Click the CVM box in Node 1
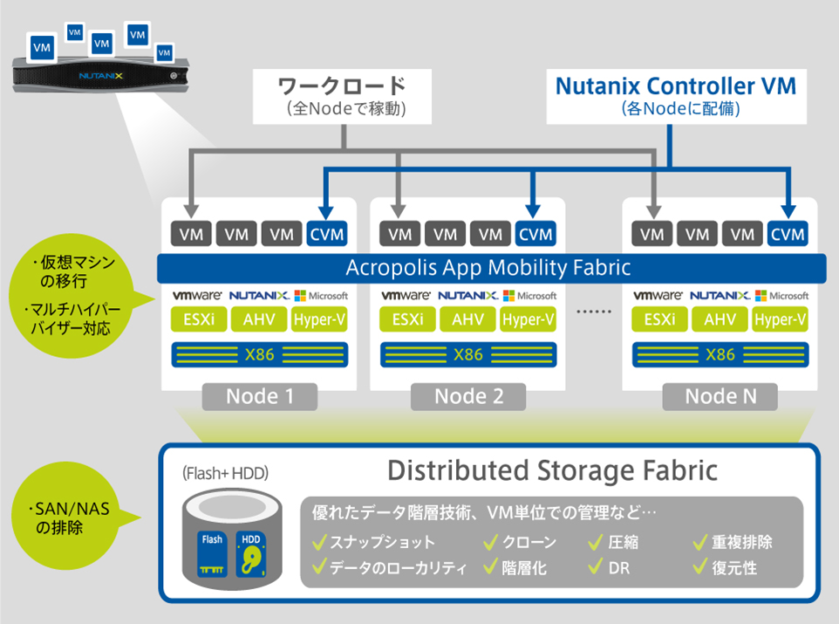327,234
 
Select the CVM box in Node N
788,234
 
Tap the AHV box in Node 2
468,319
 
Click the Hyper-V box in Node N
780,319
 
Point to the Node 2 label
468,396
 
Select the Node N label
720,396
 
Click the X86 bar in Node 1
259,354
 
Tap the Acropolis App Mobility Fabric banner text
488,267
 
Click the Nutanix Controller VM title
675,86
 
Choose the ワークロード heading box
342,96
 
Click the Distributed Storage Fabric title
552,471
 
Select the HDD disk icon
250,553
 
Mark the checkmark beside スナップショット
319,542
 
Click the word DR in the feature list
618,568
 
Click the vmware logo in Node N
658,296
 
